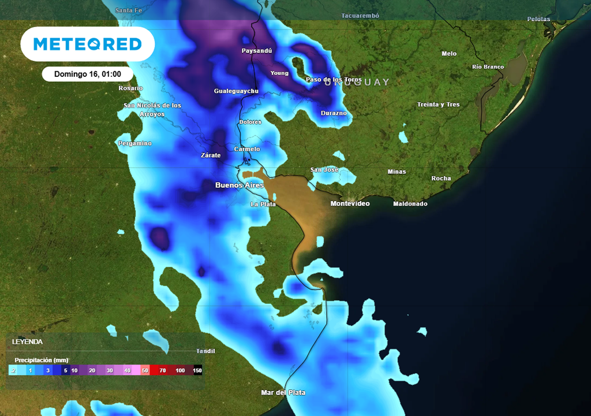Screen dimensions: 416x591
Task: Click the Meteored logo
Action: pyautogui.click(x=87, y=44)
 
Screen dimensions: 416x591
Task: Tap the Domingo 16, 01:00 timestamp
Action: pyautogui.click(x=87, y=74)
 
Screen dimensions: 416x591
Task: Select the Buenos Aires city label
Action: pyautogui.click(x=239, y=185)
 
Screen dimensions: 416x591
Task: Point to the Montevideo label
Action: pyautogui.click(x=350, y=204)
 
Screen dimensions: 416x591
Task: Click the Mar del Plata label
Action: pyautogui.click(x=283, y=393)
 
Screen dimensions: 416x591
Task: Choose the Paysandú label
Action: pyautogui.click(x=256, y=51)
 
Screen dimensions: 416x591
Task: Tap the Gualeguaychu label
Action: pyautogui.click(x=236, y=91)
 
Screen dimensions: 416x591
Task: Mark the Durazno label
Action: pyautogui.click(x=334, y=113)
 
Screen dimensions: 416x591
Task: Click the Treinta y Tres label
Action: pyautogui.click(x=438, y=105)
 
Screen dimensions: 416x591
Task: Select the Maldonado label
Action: pyautogui.click(x=410, y=204)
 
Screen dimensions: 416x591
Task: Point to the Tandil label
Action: pyautogui.click(x=205, y=351)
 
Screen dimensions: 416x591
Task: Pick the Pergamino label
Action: pyautogui.click(x=135, y=143)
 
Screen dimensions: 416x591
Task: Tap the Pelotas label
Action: pyautogui.click(x=538, y=19)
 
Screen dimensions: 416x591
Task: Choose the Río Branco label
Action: pyautogui.click(x=488, y=67)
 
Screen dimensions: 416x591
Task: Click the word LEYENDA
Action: pyautogui.click(x=27, y=341)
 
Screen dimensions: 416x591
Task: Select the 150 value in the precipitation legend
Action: pyautogui.click(x=197, y=370)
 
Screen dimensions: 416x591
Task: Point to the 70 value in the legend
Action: pyautogui.click(x=163, y=370)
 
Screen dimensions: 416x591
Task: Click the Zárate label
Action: pyautogui.click(x=210, y=155)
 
